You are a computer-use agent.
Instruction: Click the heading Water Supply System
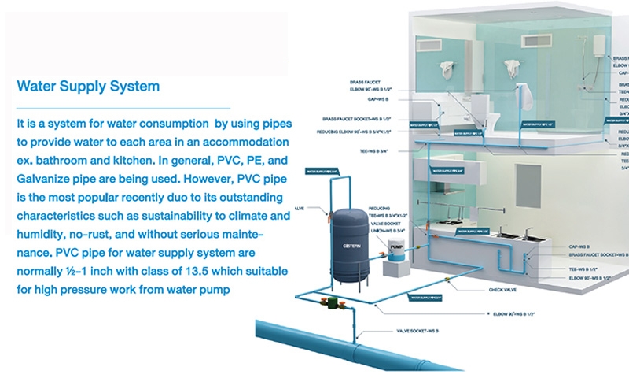88,86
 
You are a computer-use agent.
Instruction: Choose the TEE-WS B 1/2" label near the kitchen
583,269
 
